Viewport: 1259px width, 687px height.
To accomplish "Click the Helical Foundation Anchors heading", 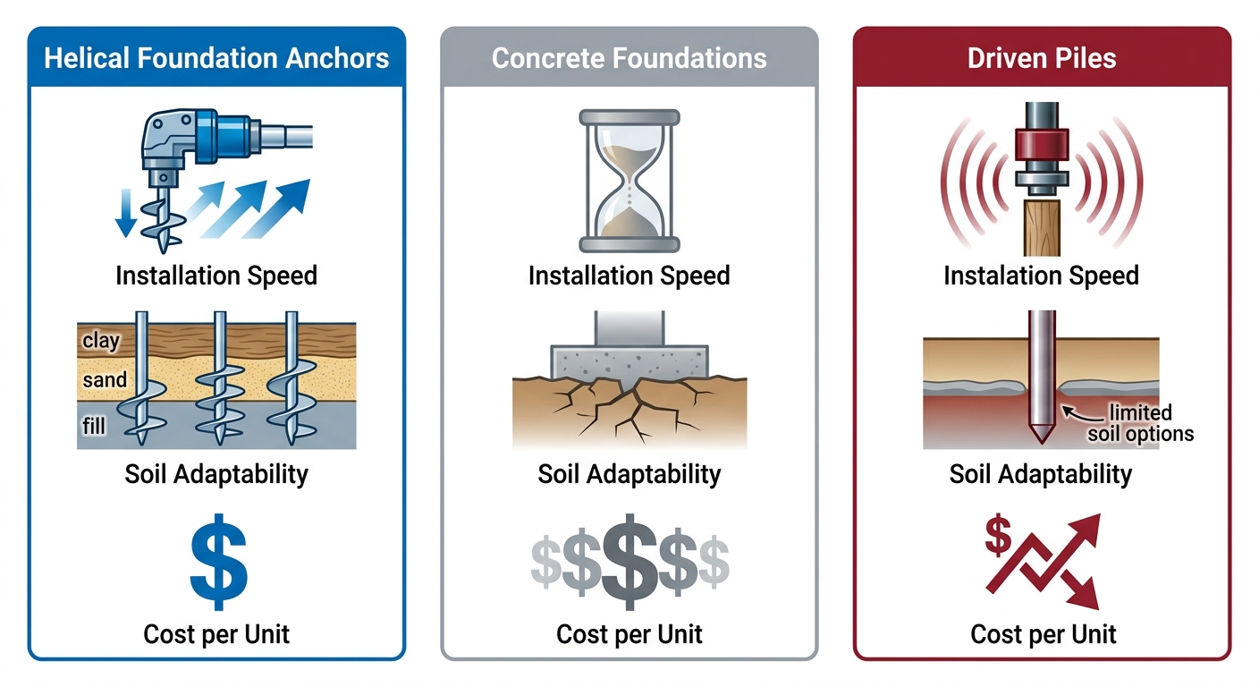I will [x=216, y=59].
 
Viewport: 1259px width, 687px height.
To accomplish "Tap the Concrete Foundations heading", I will [x=629, y=59].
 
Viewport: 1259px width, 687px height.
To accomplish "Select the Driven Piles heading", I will [x=1042, y=59].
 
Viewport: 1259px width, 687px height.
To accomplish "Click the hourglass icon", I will [x=629, y=180].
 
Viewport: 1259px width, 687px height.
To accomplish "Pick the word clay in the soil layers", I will [x=101, y=341].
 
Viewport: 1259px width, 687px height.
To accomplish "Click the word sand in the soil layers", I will [x=105, y=380].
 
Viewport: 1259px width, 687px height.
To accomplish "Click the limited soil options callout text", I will [x=1140, y=423].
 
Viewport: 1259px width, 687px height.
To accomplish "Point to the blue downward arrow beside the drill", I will [x=127, y=212].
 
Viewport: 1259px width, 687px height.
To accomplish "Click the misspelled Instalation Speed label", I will [x=1041, y=276].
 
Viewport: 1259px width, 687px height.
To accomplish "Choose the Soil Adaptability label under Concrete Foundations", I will [x=629, y=473].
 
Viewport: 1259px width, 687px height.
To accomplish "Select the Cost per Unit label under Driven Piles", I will [x=1043, y=634].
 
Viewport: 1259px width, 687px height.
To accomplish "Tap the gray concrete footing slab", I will [x=630, y=363].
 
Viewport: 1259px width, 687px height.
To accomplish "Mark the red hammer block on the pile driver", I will [x=1042, y=147].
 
